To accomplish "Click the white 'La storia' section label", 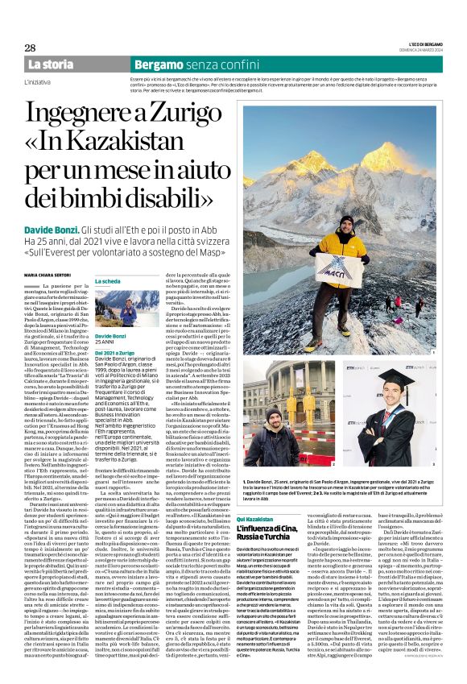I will click(51, 64).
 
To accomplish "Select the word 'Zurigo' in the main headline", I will click(187, 114).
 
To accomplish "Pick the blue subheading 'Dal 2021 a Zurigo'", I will click(114, 353).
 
